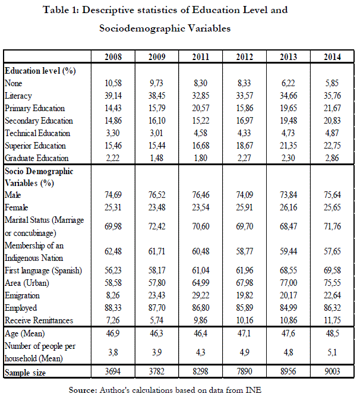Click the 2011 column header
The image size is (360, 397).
[x=201, y=57]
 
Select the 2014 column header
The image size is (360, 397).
[x=333, y=57]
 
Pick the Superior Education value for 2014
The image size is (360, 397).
[x=333, y=145]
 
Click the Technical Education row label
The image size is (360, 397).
[x=37, y=133]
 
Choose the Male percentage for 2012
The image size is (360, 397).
[x=245, y=194]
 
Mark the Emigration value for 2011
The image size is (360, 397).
[x=201, y=295]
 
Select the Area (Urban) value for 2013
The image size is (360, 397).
[x=289, y=282]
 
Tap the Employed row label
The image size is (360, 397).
[x=20, y=307]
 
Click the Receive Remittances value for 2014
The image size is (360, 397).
[x=333, y=320]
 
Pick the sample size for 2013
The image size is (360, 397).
[x=289, y=372]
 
